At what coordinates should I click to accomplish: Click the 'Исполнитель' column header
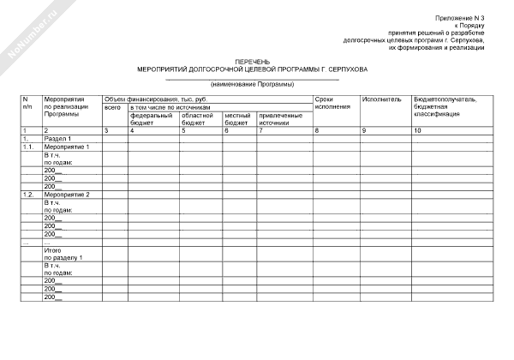pyautogui.click(x=381, y=99)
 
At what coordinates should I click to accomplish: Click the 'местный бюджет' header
pyautogui.click(x=237, y=118)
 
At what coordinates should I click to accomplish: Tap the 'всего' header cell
pyautogui.click(x=112, y=107)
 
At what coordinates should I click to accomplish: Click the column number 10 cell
pyautogui.click(x=418, y=130)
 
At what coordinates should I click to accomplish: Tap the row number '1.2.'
pyautogui.click(x=27, y=195)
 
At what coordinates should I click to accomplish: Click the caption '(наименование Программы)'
pyautogui.click(x=253, y=84)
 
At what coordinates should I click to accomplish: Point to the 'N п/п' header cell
pyautogui.click(x=27, y=103)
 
